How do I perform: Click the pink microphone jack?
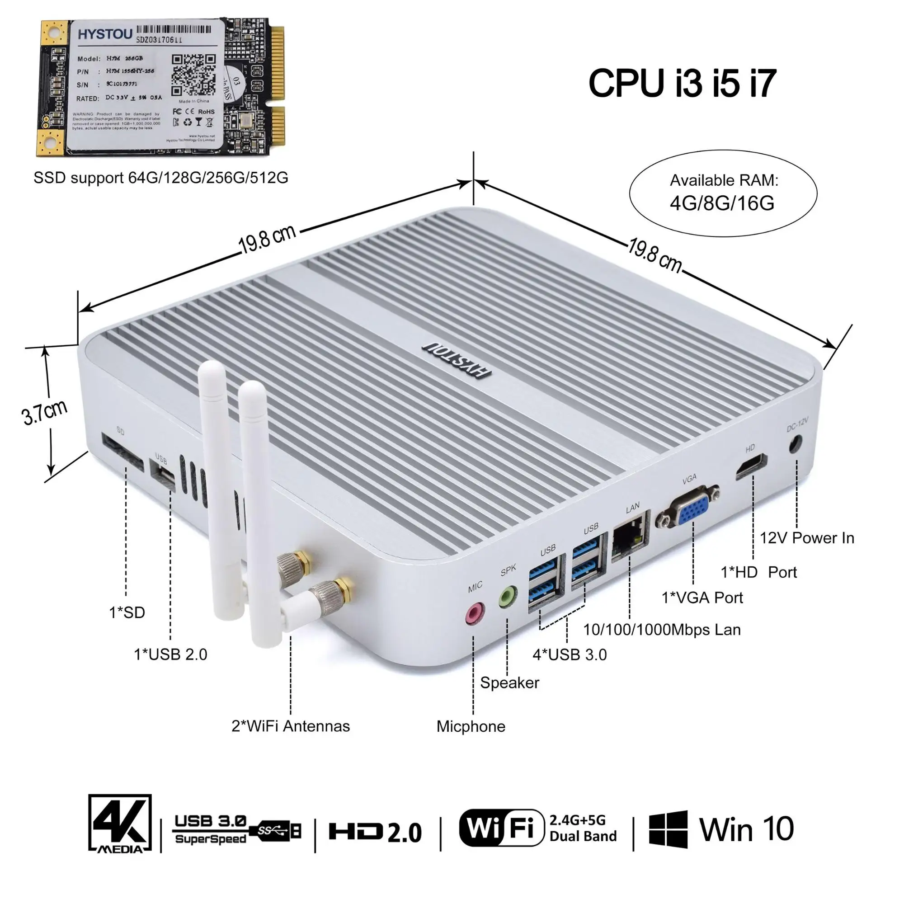[475, 613]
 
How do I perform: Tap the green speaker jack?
[508, 597]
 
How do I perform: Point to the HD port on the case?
[751, 466]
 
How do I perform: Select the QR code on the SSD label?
[193, 75]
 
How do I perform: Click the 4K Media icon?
[120, 823]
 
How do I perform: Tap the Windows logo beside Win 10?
[668, 829]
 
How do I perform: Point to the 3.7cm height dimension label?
[45, 412]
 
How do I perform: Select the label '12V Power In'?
[807, 538]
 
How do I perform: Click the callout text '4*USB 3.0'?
[570, 654]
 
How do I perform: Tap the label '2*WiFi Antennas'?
[291, 726]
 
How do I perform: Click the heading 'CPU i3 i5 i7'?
[682, 83]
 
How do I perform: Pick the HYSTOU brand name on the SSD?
[104, 34]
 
